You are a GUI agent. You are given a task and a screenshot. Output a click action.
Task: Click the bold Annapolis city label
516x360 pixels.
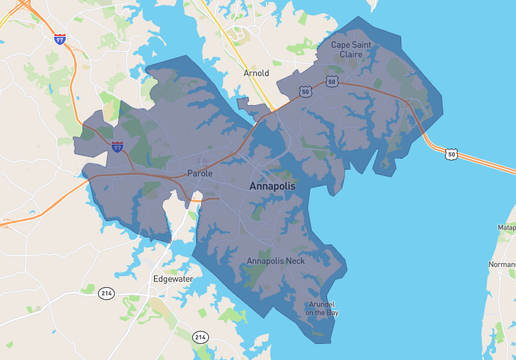click(272, 186)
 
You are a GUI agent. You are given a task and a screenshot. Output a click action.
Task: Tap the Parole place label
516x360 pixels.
click(200, 174)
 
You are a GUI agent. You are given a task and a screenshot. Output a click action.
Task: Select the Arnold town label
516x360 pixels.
click(257, 73)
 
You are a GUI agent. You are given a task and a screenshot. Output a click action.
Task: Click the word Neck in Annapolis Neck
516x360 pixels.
click(297, 261)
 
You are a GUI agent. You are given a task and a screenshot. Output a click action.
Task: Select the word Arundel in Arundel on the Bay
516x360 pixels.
click(322, 303)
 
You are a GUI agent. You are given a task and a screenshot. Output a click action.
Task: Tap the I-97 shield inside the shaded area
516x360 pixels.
click(117, 145)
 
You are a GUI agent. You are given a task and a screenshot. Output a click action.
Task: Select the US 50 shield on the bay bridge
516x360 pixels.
click(452, 154)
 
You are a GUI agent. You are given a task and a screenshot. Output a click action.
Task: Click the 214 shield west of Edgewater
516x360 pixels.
click(106, 292)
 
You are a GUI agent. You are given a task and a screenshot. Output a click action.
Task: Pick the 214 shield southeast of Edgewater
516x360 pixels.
click(200, 336)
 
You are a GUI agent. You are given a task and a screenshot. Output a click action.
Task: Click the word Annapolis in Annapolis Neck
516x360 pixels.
click(266, 261)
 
